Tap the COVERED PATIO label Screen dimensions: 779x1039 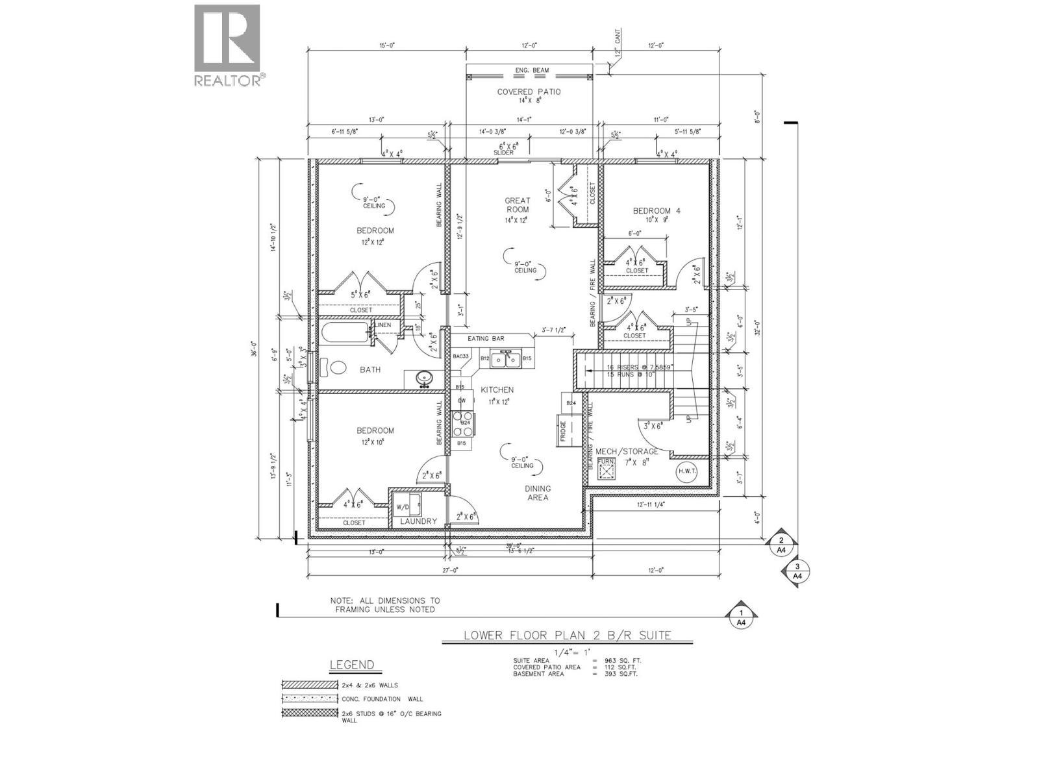529,92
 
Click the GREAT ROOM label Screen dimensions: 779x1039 518,205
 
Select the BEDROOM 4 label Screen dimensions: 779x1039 657,211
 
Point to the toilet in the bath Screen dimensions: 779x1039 338,368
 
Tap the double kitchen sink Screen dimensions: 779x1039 505,358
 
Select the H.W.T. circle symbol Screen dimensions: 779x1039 686,473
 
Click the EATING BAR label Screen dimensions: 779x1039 487,339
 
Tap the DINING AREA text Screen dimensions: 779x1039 538,493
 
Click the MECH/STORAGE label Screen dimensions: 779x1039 627,451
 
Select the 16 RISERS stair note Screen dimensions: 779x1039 631,367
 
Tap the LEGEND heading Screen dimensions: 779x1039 351,665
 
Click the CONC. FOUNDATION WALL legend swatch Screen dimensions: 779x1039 310,699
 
